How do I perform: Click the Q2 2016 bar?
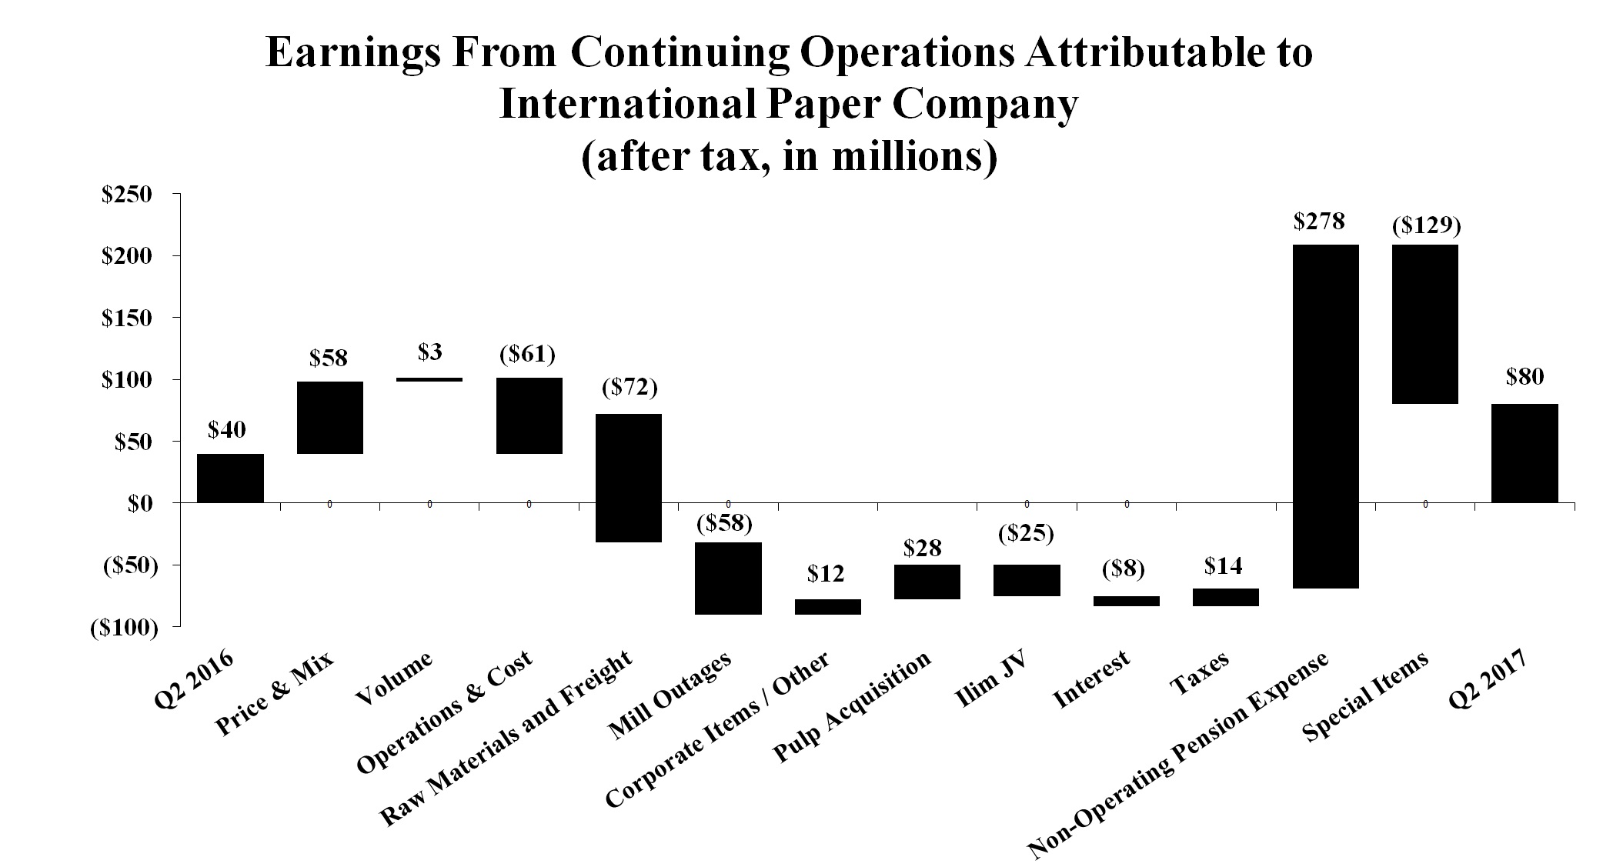[230, 478]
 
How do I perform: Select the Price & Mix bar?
[329, 418]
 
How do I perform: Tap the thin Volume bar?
[429, 379]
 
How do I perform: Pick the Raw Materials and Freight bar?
[629, 478]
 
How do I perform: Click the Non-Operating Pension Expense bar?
[1325, 416]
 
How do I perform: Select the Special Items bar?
[1425, 324]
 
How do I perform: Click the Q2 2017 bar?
[1525, 453]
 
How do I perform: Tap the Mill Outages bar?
[728, 578]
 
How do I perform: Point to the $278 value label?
[1319, 222]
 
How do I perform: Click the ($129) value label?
[1426, 225]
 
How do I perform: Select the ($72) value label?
[629, 388]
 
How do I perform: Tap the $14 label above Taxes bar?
[1223, 566]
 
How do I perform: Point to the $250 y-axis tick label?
[129, 195]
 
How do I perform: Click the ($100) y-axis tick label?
[125, 628]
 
